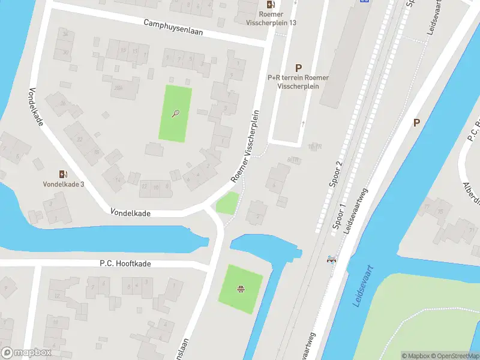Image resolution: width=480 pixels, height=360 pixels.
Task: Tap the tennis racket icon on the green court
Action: pos(176,113)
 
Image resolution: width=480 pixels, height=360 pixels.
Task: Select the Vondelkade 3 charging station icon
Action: pos(63,174)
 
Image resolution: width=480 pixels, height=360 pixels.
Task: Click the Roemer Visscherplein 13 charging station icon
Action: pos(271,4)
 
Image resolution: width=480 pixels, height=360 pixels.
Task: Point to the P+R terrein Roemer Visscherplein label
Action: pos(298,82)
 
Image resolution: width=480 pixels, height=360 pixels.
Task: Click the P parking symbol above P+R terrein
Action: pos(298,68)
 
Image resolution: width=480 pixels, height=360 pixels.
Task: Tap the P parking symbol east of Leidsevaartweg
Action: pos(416,122)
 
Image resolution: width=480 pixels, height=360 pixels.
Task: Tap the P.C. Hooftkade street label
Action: pos(125,264)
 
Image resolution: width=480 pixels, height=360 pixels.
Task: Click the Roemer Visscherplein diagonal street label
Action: pos(247,146)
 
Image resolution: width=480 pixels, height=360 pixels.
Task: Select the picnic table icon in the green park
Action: pos(241,290)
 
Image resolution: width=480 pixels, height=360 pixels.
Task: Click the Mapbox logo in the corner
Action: pos(26,352)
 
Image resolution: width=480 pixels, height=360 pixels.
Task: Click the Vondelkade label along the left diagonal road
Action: pos(35,107)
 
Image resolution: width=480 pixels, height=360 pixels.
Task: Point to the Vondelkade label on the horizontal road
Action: pos(130,213)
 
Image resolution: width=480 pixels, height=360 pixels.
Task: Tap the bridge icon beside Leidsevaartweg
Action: pos(331,259)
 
